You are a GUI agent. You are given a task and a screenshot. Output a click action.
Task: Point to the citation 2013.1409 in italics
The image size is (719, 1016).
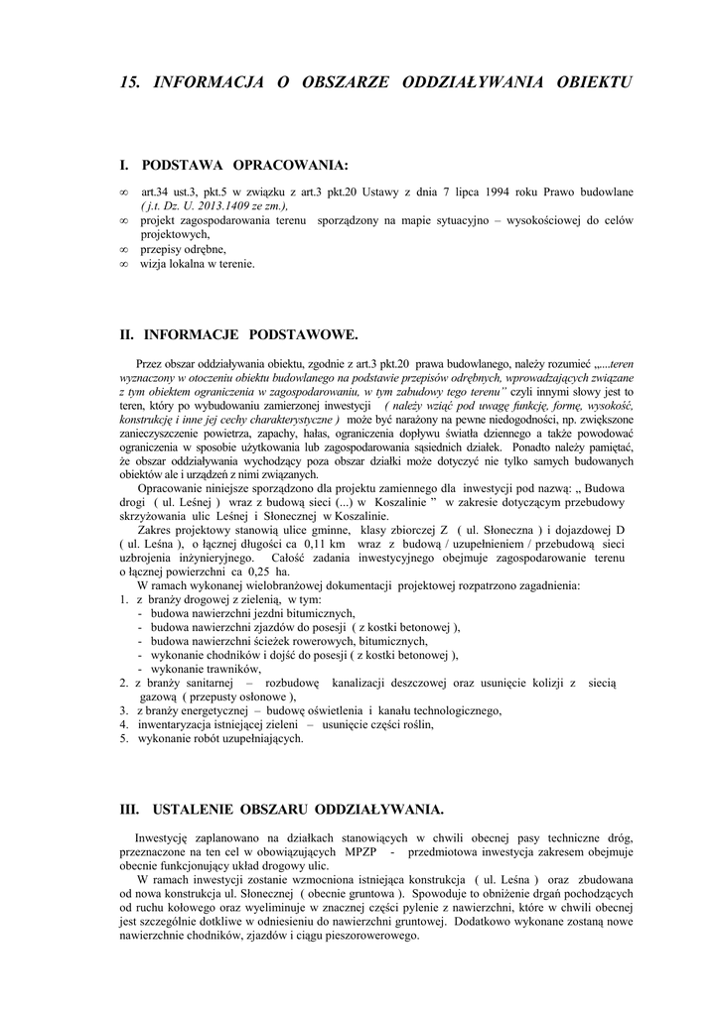[x=220, y=205]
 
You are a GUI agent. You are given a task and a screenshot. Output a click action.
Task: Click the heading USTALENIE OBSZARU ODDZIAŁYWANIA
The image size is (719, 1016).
[x=294, y=809]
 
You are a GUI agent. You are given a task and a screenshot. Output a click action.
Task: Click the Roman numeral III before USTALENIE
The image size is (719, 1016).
[x=127, y=809]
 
